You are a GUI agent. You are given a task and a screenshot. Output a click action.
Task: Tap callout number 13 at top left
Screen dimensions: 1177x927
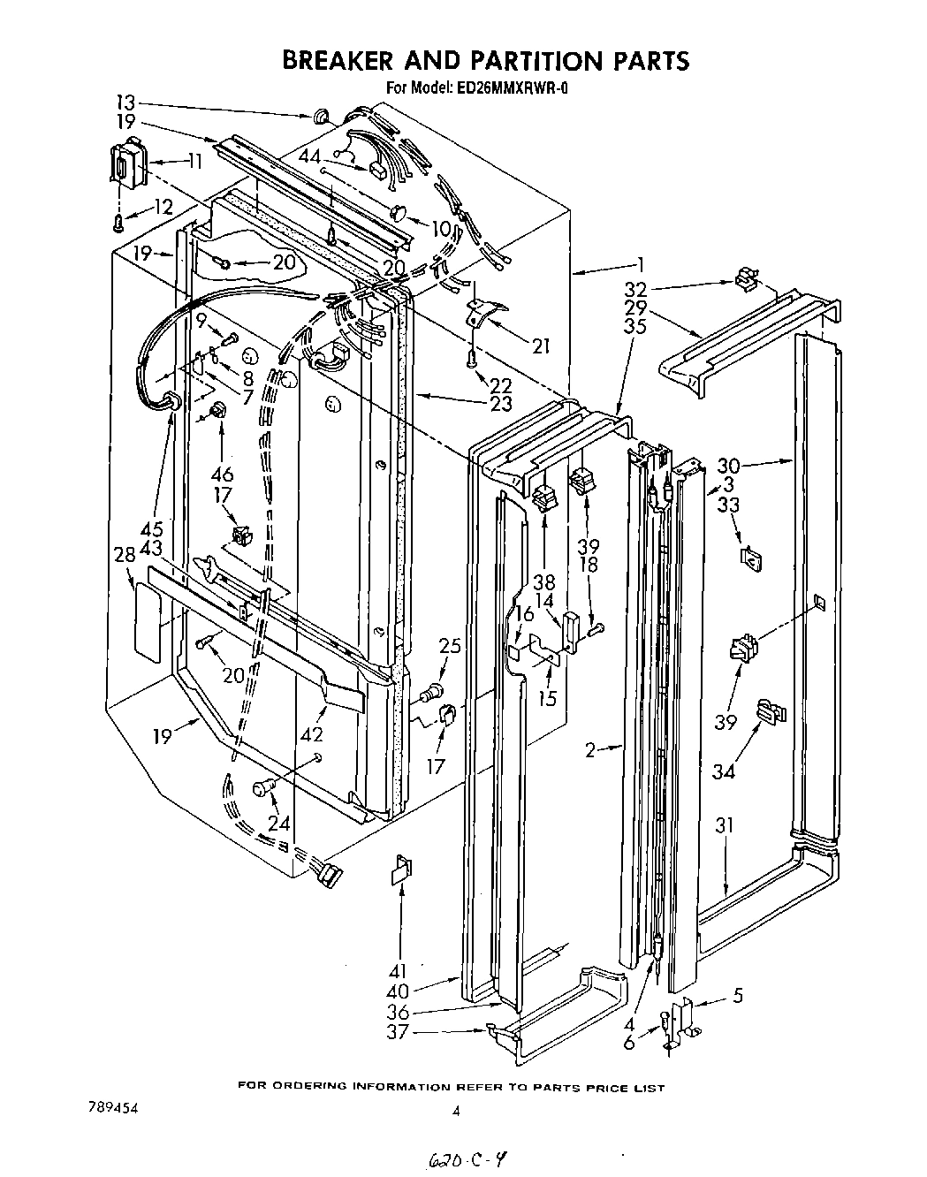(x=127, y=101)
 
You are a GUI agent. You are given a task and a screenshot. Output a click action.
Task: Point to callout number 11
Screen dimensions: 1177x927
(x=194, y=161)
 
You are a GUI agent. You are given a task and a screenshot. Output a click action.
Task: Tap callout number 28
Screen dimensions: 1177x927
(x=125, y=555)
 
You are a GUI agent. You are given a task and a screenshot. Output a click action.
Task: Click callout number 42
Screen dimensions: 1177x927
(x=311, y=733)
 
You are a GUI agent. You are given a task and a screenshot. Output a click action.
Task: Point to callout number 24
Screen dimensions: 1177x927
(x=278, y=824)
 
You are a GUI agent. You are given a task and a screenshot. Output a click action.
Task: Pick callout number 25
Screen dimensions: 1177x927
(x=449, y=647)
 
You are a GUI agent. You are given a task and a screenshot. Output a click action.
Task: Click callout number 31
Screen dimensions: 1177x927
(x=725, y=827)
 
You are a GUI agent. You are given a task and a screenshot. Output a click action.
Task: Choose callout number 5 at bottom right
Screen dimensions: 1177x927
(x=737, y=996)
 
